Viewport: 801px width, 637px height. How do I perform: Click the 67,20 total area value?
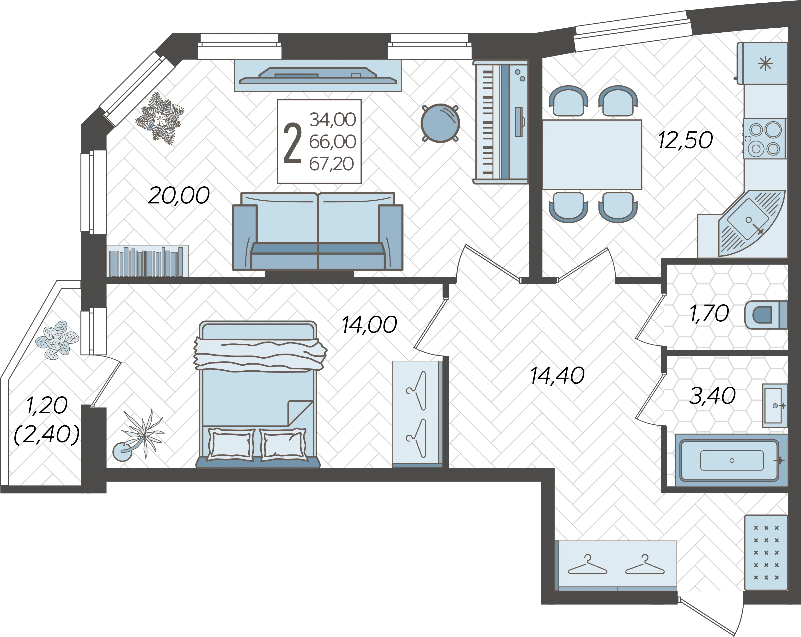click(332, 164)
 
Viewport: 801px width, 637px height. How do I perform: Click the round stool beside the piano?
click(440, 123)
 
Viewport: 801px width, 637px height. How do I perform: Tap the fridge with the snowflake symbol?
click(762, 63)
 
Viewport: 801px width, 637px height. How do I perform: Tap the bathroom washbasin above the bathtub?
click(775, 405)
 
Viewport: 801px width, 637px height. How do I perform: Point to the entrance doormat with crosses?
click(766, 553)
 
